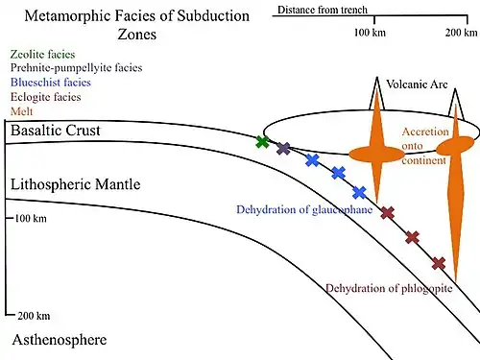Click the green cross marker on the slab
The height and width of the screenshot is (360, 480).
tap(262, 141)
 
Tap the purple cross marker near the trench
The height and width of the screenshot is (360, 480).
tap(283, 149)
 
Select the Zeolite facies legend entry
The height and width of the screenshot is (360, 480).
tap(42, 55)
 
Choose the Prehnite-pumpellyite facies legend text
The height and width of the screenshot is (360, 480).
tap(76, 68)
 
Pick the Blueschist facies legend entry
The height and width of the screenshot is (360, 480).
tap(51, 83)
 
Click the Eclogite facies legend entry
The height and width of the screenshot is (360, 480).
tap(45, 97)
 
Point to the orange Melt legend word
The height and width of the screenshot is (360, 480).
tap(21, 111)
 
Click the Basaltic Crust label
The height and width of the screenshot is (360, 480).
tap(56, 131)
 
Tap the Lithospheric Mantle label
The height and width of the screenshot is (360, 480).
tap(76, 184)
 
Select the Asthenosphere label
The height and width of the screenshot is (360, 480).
tap(60, 340)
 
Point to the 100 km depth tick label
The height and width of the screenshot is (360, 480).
tap(31, 219)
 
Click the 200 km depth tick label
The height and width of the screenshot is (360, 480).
tap(34, 316)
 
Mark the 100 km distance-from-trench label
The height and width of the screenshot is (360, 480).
tap(370, 33)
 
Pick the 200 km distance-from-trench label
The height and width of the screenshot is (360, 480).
tap(461, 33)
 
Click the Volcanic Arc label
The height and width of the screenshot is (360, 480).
tap(417, 84)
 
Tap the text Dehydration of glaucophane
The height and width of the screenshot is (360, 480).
tap(304, 209)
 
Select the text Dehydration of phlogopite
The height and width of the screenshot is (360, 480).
tap(389, 289)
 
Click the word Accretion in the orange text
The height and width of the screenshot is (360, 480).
tap(425, 132)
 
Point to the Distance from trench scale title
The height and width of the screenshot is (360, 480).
tap(323, 10)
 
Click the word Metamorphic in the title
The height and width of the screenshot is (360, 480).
tap(62, 16)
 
